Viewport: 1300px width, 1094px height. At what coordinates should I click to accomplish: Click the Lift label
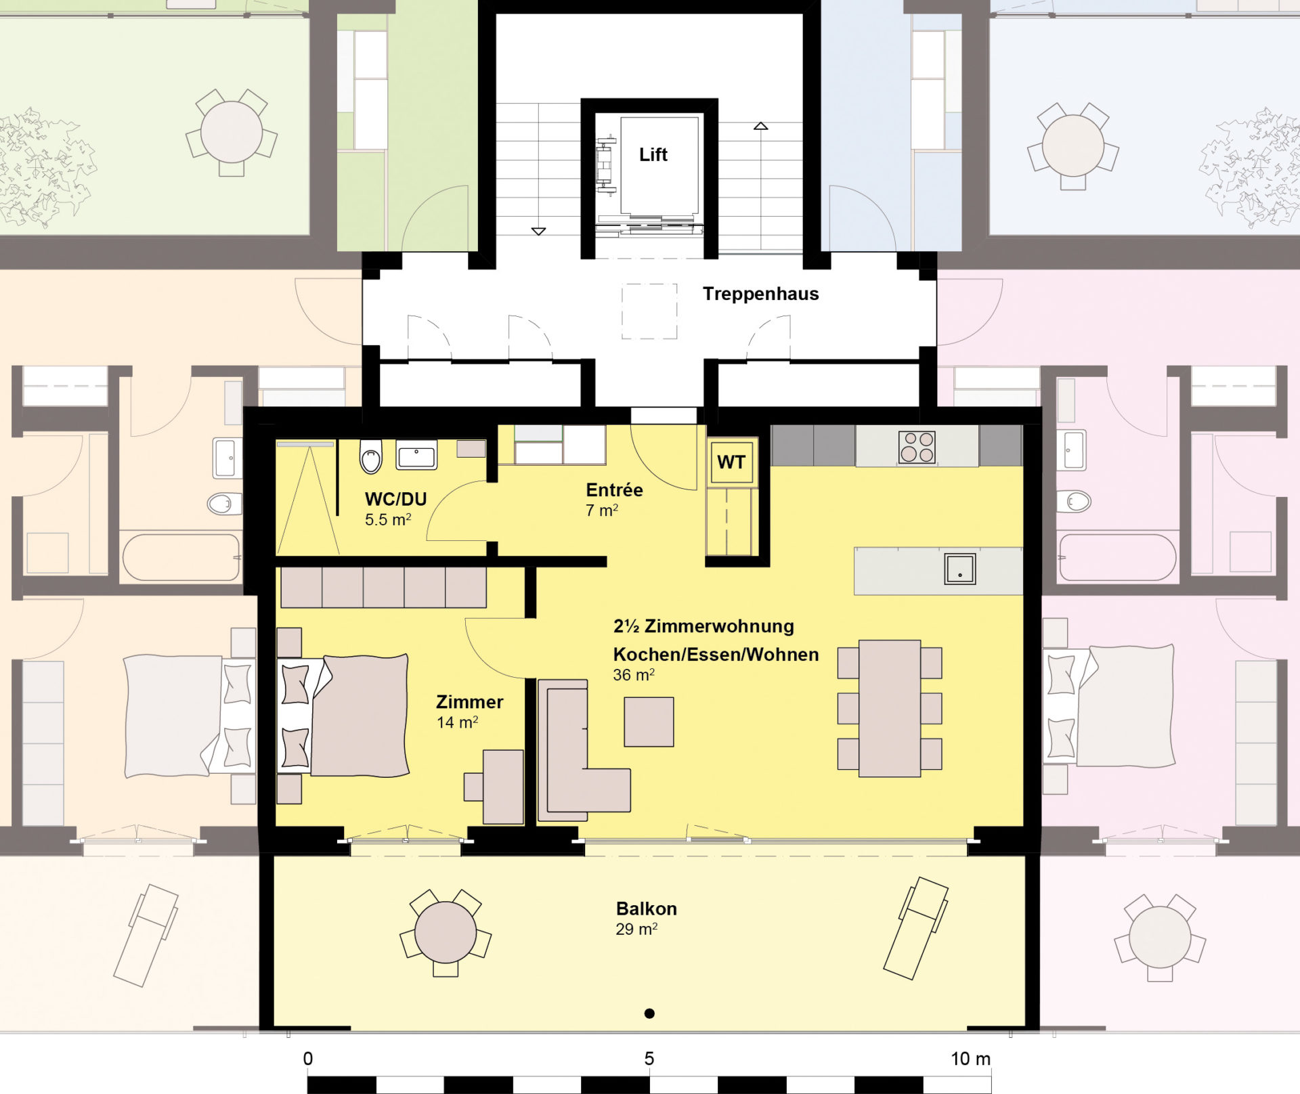[653, 155]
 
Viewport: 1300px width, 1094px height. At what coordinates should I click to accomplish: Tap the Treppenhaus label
[760, 294]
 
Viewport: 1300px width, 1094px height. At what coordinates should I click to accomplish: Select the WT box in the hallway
[731, 462]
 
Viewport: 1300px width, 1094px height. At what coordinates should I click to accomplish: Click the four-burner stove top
[917, 447]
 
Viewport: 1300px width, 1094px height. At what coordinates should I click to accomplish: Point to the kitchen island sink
[960, 569]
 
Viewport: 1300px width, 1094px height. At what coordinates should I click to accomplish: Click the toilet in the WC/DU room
[371, 456]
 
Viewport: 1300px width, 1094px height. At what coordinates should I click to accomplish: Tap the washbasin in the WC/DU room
[416, 455]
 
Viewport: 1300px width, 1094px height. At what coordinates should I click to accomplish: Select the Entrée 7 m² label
[614, 500]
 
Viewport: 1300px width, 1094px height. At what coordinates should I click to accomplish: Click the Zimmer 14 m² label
[469, 712]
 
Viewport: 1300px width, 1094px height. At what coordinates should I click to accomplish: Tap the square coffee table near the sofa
[649, 722]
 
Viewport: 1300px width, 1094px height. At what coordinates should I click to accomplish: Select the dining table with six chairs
[890, 708]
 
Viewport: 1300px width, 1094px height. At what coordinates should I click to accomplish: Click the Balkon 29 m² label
[646, 919]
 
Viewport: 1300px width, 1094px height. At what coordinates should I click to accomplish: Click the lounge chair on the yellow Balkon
[917, 927]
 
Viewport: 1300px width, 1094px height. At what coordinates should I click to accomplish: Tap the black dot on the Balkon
[649, 1013]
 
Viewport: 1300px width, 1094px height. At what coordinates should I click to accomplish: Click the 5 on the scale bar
[649, 1059]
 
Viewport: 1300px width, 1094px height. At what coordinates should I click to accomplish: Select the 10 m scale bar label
[970, 1059]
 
